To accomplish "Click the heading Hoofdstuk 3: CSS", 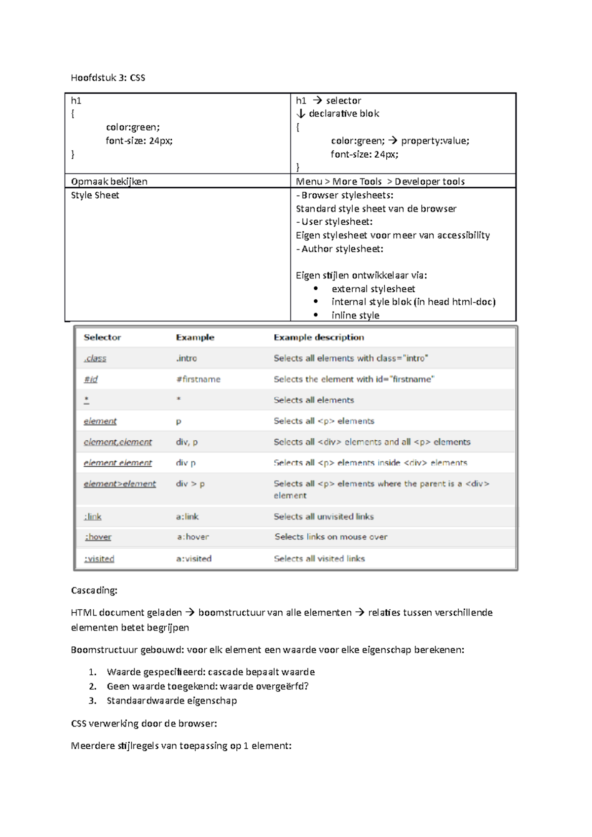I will [x=108, y=77].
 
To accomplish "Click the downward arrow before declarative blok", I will [x=300, y=113].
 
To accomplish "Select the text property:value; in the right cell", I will [x=435, y=140].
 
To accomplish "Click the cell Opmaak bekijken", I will [x=109, y=181].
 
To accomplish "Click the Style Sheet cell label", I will [x=95, y=195].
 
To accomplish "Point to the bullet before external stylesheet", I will [x=316, y=288].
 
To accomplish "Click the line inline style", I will [x=355, y=315].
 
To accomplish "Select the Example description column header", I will [x=319, y=337].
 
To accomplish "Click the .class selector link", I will [x=95, y=358].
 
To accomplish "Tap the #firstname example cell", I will [x=198, y=379].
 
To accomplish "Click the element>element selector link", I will [x=119, y=484].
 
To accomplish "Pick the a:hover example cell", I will [x=193, y=537].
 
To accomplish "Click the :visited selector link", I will [x=99, y=558].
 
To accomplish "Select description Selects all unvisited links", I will [x=324, y=517].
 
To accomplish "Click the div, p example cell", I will [x=186, y=442].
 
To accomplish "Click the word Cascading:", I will [x=94, y=590].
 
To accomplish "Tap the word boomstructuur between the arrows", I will [x=231, y=612].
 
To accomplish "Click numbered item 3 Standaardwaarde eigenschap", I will [x=171, y=700].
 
